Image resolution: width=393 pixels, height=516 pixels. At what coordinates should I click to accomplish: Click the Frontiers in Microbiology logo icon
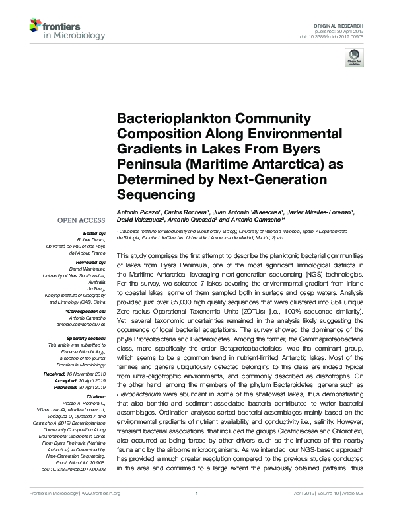coord(36,26)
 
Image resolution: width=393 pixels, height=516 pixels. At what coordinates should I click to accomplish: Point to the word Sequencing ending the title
coord(151,194)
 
